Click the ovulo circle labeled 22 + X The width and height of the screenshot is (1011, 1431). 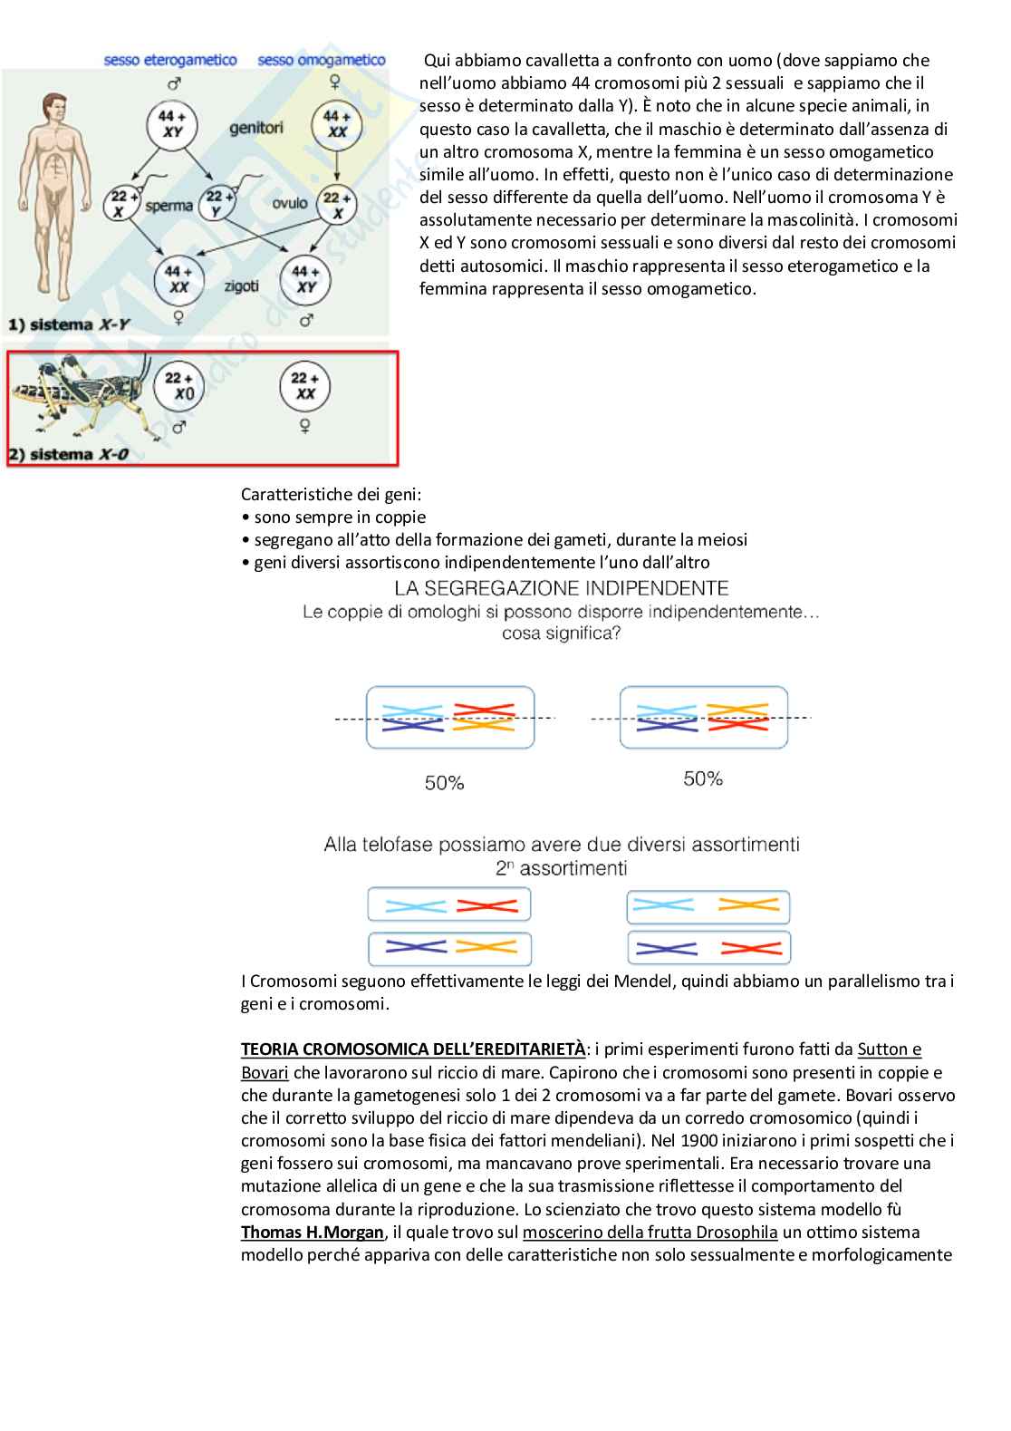tap(337, 205)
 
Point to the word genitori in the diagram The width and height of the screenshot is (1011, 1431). tap(256, 128)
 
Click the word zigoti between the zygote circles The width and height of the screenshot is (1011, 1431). tap(241, 285)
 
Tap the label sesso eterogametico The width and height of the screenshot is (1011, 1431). tap(170, 61)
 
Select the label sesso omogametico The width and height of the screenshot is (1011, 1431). tap(322, 61)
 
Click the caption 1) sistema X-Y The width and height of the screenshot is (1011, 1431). tap(63, 324)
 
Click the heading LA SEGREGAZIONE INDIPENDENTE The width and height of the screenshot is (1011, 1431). tap(562, 588)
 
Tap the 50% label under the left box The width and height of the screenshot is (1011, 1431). tap(444, 782)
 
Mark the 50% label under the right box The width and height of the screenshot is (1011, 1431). tap(703, 778)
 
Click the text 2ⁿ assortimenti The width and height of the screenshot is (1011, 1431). tap(561, 867)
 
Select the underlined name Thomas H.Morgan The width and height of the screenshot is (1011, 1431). tap(313, 1233)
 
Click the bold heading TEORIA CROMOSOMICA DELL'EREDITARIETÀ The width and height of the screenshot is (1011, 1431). tap(413, 1049)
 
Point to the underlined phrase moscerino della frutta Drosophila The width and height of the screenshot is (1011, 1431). tap(650, 1233)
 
